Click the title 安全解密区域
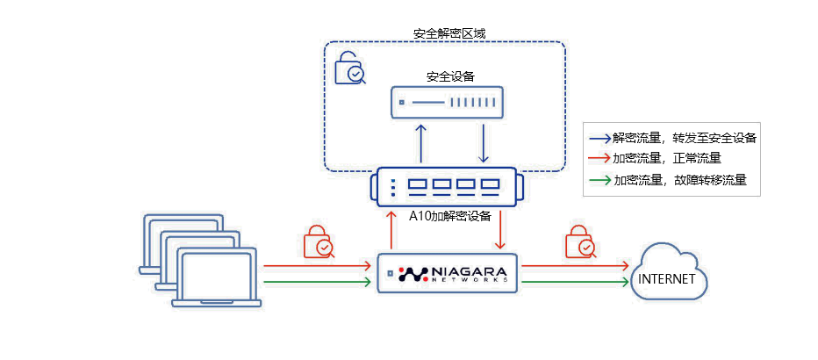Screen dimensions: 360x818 coord(448,33)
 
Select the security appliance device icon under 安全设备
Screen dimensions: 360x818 coord(446,103)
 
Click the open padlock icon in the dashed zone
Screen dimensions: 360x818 coord(349,68)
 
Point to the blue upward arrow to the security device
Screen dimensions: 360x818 coord(421,143)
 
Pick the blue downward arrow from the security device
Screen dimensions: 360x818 coord(483,143)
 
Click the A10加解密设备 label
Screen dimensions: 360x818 coord(448,215)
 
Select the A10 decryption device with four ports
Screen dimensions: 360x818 coord(448,186)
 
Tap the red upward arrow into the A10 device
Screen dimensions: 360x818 coord(391,231)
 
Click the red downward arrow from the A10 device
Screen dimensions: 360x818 coord(501,231)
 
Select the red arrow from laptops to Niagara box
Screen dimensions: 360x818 coord(317,263)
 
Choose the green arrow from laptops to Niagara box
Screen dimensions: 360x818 coord(317,282)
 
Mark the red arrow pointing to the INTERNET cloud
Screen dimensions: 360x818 coord(575,263)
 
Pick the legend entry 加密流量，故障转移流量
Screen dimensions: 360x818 coord(672,180)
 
